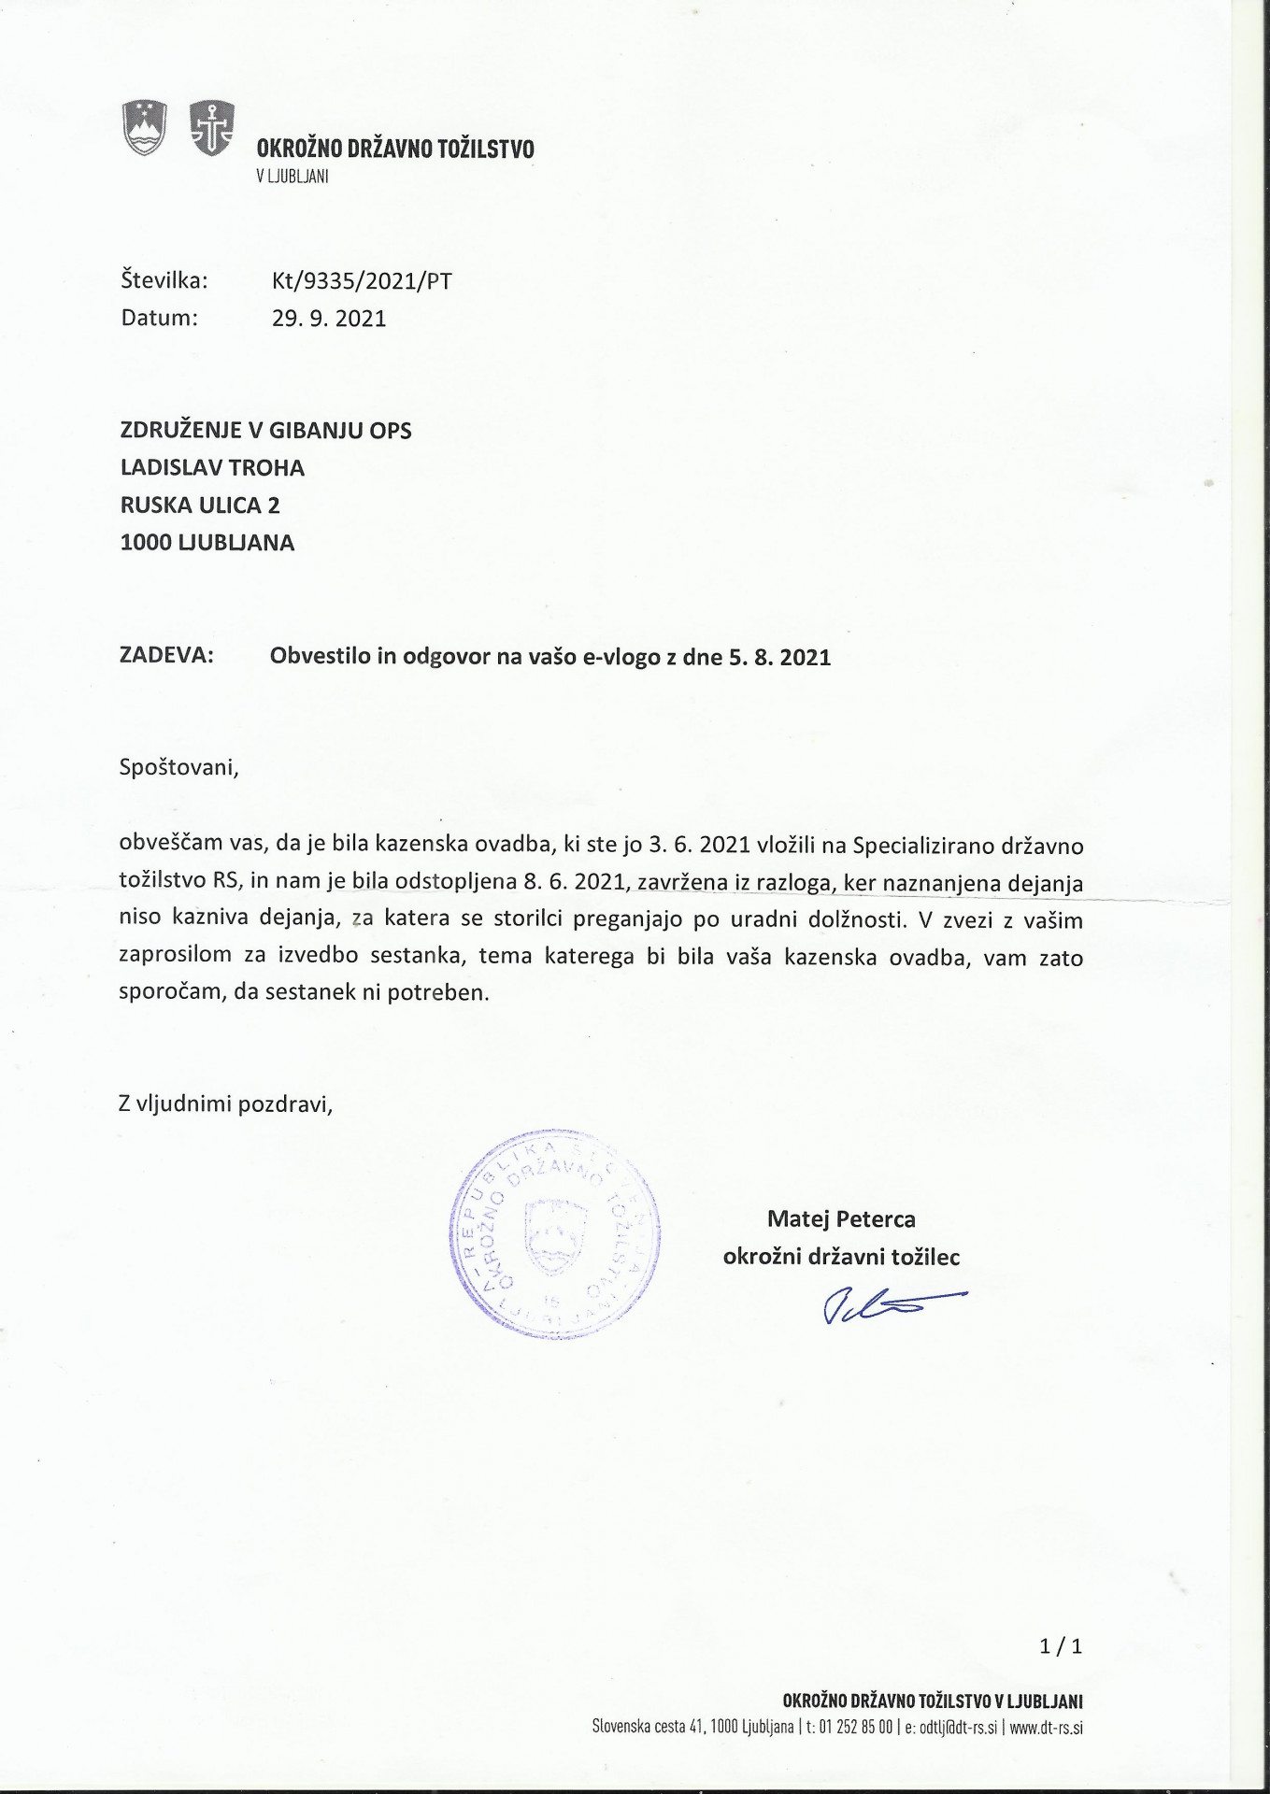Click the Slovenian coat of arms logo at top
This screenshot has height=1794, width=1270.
point(145,127)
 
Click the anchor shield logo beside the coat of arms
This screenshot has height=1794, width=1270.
point(212,127)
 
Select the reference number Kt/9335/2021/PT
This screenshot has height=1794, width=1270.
point(362,281)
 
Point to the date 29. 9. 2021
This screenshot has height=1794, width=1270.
point(329,319)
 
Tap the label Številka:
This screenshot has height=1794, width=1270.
point(164,281)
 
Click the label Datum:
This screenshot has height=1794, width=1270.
point(160,319)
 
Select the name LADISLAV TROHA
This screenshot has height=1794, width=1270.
point(213,467)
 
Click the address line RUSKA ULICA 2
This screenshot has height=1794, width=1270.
point(200,505)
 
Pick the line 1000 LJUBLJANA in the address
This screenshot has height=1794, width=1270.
point(207,543)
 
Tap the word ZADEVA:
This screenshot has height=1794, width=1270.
point(167,655)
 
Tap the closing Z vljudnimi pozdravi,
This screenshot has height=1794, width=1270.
point(226,1104)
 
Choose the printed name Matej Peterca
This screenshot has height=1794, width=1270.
point(841,1219)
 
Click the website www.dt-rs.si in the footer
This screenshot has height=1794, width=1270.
point(1046,1728)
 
